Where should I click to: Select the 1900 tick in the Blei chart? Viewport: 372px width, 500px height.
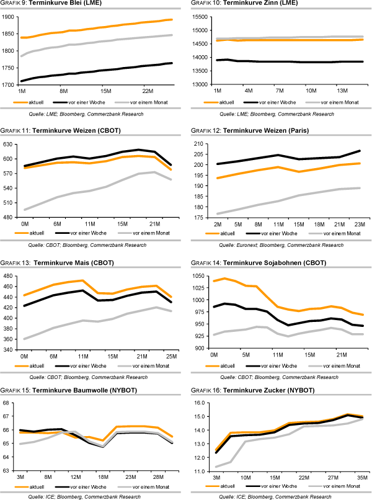[x=9, y=16]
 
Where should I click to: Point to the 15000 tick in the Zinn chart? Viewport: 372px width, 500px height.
[x=204, y=30]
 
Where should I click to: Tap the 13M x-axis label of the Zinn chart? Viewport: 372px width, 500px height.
[x=343, y=91]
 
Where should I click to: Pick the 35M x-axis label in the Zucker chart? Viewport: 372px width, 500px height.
[x=360, y=477]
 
